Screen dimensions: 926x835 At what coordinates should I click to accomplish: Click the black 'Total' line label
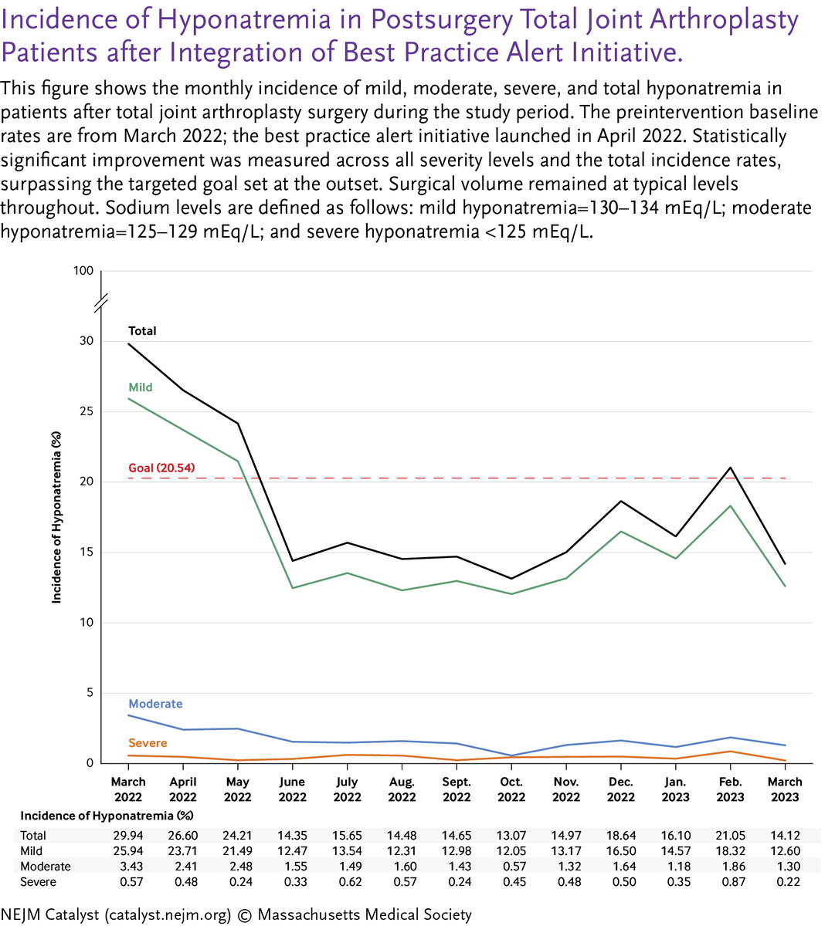[x=142, y=331]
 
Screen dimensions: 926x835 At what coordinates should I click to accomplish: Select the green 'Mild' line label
[x=141, y=387]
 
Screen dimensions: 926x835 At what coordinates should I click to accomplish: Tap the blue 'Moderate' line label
[x=155, y=704]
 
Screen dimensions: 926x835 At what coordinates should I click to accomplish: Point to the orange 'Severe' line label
[x=148, y=743]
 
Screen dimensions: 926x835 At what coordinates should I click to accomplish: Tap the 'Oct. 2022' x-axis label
[x=511, y=789]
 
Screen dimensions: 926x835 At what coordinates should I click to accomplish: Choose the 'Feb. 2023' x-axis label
[x=730, y=789]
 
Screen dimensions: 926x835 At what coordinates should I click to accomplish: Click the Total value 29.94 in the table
[x=128, y=836]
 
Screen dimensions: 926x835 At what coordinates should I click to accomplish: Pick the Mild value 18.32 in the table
[x=730, y=851]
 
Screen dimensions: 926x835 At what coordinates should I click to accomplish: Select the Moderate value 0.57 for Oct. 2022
[x=511, y=867]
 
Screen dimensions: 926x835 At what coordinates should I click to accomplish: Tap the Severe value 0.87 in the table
[x=730, y=882]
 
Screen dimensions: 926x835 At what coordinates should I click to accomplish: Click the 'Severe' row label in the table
[x=38, y=882]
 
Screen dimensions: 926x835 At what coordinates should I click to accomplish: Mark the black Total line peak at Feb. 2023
[x=730, y=468]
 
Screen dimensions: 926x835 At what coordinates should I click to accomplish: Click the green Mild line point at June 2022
[x=293, y=588]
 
